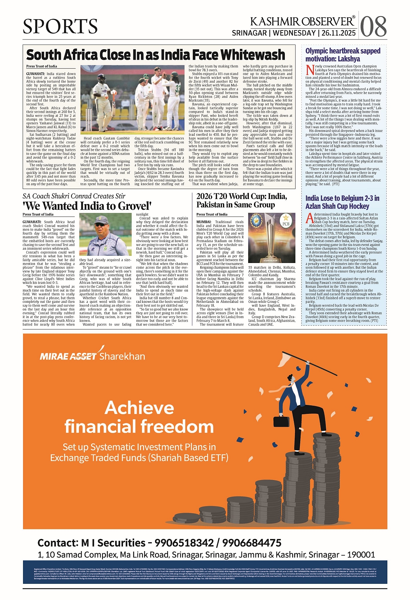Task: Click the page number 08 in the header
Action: click(373, 26)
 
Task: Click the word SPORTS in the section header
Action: click(60, 26)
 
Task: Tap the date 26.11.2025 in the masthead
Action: click(339, 33)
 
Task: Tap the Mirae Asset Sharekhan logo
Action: click(92, 356)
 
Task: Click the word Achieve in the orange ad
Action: click(140, 408)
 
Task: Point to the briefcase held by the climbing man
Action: click(282, 421)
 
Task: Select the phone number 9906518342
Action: click(184, 543)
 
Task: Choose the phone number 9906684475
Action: click(252, 543)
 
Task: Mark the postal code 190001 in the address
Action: click(360, 555)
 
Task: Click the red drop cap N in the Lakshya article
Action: click(309, 69)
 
